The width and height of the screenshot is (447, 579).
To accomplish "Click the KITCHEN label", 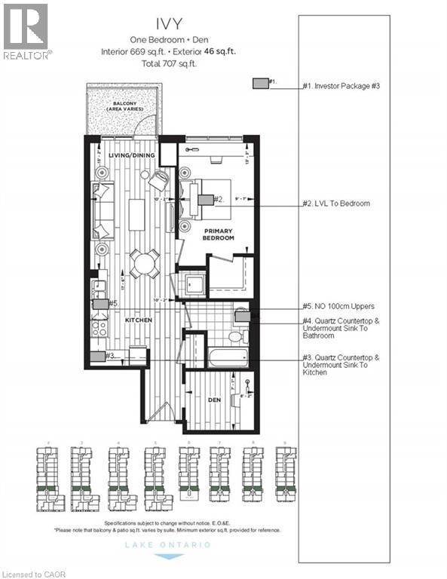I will click(x=139, y=320).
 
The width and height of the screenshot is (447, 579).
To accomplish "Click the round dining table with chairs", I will click(x=143, y=264).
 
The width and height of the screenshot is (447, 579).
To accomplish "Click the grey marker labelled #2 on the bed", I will click(x=205, y=200).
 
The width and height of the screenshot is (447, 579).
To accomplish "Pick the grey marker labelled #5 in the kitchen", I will click(x=100, y=304).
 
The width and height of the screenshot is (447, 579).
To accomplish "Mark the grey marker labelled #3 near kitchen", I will click(x=97, y=356).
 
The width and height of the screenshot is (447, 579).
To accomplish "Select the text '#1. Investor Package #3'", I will click(x=341, y=86).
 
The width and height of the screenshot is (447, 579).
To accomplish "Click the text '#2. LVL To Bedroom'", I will click(x=336, y=204).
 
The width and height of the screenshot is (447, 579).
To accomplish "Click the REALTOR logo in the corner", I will click(x=26, y=31).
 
